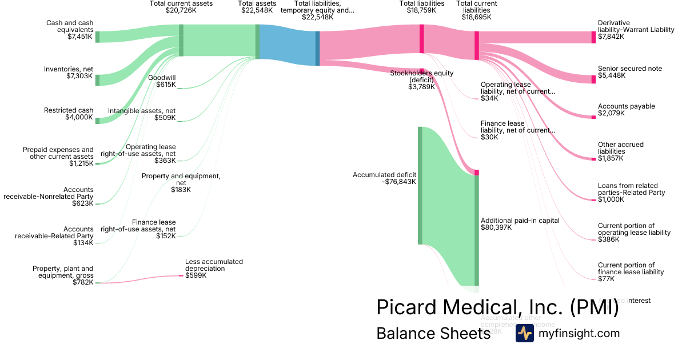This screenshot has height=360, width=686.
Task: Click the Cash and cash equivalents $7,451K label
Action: click(70, 30)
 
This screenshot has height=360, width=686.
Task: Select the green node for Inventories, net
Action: click(97, 80)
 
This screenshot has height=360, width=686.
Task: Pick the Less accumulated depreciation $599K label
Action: click(214, 269)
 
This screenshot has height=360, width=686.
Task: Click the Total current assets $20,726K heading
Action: click(181, 7)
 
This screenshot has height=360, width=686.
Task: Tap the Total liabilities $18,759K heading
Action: click(421, 7)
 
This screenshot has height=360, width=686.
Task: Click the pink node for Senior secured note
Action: click(593, 79)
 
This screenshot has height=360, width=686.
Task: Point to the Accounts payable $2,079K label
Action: click(627, 110)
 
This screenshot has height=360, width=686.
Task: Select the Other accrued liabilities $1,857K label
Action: click(621, 151)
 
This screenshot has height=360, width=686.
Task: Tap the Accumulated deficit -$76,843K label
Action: click(384, 178)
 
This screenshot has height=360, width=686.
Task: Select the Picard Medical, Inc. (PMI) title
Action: click(497, 307)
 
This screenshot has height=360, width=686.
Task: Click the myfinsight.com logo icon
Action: click(524, 334)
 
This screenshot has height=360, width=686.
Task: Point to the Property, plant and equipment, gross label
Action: click(63, 275)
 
